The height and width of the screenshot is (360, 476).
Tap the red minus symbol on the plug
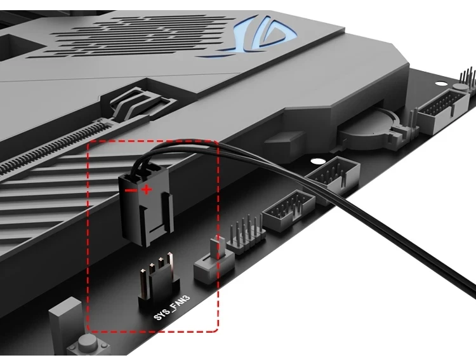[x=129, y=189]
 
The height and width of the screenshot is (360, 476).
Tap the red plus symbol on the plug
[x=147, y=189]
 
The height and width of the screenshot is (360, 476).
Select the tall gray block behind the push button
[x=65, y=321]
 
